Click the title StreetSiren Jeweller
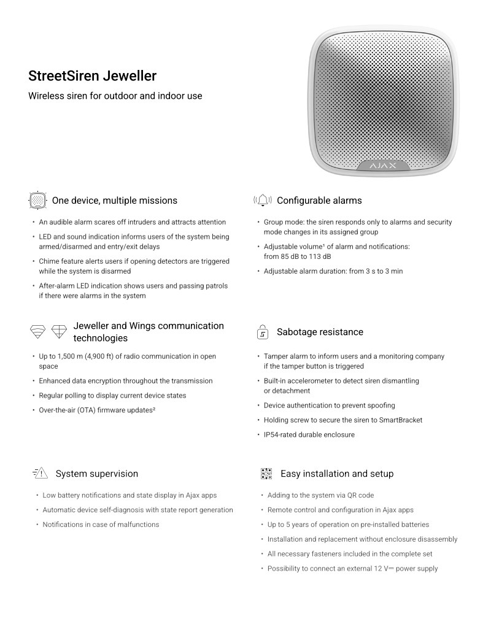click(x=92, y=76)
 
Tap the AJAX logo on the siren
click(x=382, y=166)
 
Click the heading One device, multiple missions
click(x=115, y=201)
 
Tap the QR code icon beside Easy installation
click(x=266, y=474)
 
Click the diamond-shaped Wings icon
click(x=60, y=332)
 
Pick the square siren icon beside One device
click(x=38, y=201)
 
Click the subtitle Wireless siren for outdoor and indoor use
click(x=115, y=96)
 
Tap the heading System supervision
click(x=96, y=474)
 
